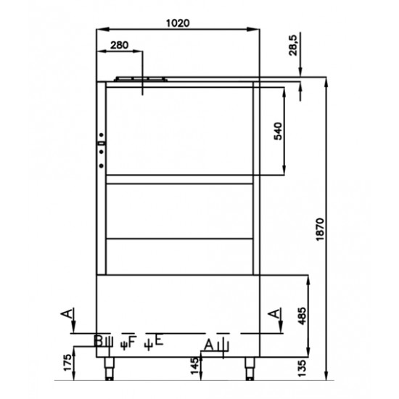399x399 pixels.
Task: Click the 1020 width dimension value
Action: [178, 23]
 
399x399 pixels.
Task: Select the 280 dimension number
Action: [120, 45]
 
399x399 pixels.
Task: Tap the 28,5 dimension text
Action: [293, 45]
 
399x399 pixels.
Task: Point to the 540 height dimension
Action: [278, 131]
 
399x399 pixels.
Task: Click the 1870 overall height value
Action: [320, 229]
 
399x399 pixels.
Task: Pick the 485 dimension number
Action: [303, 316]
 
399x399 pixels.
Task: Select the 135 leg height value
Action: [303, 369]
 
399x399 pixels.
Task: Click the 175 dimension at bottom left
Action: [67, 362]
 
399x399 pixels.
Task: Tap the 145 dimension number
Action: [194, 366]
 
